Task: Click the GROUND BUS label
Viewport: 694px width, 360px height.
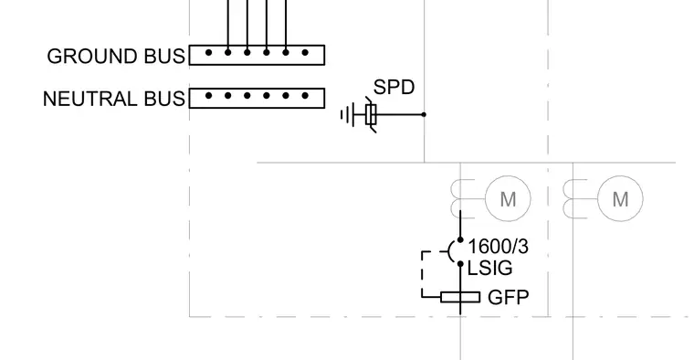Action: (x=116, y=57)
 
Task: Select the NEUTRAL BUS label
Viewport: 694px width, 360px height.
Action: (x=114, y=99)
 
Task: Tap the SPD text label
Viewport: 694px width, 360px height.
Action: (x=394, y=87)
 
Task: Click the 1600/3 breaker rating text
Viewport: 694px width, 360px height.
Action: (x=498, y=246)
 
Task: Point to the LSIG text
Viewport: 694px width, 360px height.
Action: (x=490, y=268)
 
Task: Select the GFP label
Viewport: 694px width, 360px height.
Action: (x=508, y=298)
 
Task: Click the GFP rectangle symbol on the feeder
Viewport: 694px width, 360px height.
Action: (x=460, y=297)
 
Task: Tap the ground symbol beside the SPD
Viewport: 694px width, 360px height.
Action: (x=348, y=115)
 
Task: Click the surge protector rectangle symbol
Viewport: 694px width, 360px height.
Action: (x=371, y=115)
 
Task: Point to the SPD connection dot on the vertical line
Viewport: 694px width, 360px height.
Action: (x=424, y=114)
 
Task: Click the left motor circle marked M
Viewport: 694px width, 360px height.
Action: (x=508, y=198)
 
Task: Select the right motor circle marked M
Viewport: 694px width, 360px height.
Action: (x=620, y=198)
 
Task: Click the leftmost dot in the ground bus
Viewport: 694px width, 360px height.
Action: (x=208, y=53)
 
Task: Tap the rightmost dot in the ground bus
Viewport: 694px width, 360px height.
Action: (x=305, y=53)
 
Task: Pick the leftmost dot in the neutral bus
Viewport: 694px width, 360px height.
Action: (x=208, y=96)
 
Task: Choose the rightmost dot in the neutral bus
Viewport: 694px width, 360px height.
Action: (x=305, y=96)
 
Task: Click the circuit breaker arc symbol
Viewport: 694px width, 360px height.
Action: (x=449, y=251)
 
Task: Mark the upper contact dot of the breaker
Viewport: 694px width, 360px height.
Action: (x=460, y=240)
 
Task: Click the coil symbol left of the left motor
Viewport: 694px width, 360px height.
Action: (x=456, y=199)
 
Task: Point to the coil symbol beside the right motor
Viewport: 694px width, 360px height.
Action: (x=568, y=199)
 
